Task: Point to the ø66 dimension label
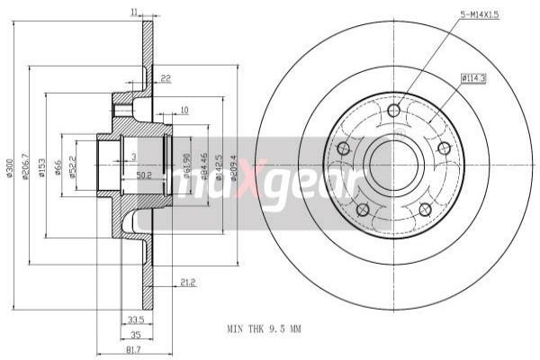click(x=58, y=167)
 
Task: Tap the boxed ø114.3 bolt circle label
click(x=472, y=78)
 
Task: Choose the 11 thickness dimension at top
click(x=134, y=11)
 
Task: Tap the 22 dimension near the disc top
click(x=166, y=78)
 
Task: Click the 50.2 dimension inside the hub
click(x=142, y=175)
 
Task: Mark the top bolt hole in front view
click(x=394, y=112)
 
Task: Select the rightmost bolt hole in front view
click(x=444, y=148)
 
